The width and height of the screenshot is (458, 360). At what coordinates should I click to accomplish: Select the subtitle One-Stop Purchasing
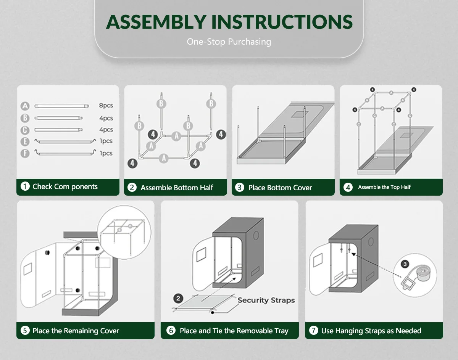coord(229,42)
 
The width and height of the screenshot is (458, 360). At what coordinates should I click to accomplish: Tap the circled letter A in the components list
coord(25,106)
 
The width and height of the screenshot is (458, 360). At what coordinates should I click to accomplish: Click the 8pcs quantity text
coord(106,106)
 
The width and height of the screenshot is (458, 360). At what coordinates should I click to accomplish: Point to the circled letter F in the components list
coord(25,153)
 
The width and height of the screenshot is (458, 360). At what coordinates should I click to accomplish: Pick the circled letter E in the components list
coord(25,141)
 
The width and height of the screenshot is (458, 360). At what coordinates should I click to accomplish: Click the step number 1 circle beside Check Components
coord(25,186)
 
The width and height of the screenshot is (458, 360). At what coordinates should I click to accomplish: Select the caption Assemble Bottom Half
coord(177,188)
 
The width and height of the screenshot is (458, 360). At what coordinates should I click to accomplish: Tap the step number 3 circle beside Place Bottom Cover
coord(239,188)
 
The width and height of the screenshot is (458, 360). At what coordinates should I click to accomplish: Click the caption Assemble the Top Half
coord(384,187)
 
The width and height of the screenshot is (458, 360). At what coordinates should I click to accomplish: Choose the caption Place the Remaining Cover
coord(76,331)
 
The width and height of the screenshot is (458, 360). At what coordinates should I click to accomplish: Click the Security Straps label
coord(266,300)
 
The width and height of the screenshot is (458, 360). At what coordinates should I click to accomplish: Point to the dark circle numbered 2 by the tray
coord(178,299)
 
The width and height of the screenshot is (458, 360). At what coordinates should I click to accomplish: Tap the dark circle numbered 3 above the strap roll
coord(405,264)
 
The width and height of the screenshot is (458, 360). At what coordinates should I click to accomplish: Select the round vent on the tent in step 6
coord(256,235)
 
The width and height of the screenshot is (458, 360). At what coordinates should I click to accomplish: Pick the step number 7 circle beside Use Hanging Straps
coord(313,331)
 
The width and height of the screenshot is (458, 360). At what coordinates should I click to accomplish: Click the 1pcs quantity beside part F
coord(106,153)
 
